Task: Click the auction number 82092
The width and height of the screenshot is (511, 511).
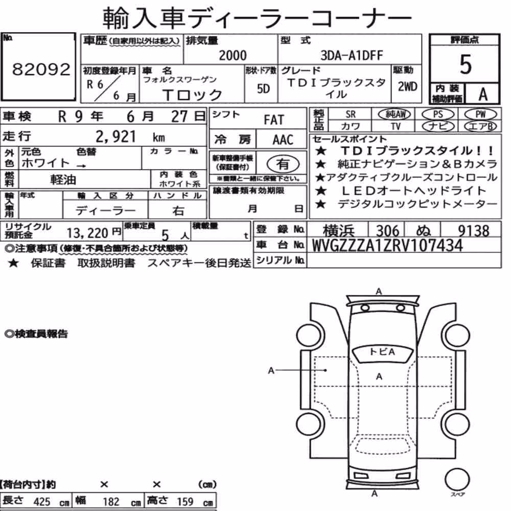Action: (x=41, y=69)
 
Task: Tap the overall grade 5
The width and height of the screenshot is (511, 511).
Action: (x=466, y=64)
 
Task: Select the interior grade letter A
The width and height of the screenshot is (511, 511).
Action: (x=483, y=95)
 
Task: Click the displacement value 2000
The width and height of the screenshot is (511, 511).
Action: (x=233, y=55)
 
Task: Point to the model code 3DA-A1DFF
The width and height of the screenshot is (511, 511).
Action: (x=352, y=55)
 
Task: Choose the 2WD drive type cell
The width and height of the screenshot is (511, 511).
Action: (x=407, y=87)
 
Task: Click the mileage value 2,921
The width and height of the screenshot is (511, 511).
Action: (x=115, y=136)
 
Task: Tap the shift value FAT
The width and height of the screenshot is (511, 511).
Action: (x=274, y=120)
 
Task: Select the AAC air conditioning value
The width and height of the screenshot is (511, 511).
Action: (x=283, y=140)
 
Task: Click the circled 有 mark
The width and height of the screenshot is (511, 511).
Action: (x=283, y=164)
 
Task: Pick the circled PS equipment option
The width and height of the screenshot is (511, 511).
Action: (x=438, y=114)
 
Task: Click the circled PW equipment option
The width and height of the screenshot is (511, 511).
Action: (x=480, y=114)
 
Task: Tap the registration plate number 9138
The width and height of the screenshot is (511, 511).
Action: (x=474, y=231)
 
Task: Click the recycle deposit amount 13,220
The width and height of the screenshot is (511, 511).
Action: (x=87, y=233)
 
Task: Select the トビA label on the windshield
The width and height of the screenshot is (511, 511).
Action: (x=383, y=352)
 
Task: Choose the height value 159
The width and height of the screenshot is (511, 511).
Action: (x=185, y=501)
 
